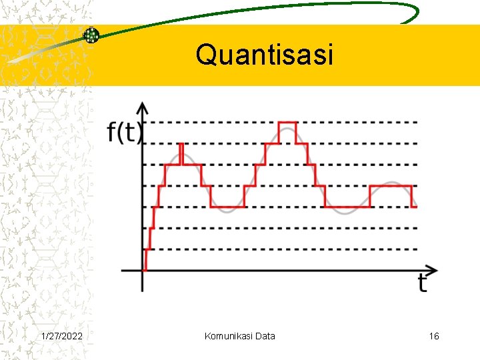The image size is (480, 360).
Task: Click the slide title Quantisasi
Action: [x=264, y=55]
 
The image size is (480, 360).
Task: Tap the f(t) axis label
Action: [x=125, y=133]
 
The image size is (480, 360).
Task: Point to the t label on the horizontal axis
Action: [x=423, y=284]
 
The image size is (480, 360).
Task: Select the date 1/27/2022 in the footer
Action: [x=62, y=336]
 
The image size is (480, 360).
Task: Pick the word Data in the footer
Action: [x=264, y=336]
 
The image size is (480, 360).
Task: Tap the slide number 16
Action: [x=434, y=336]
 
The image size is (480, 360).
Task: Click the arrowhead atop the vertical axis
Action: [x=142, y=107]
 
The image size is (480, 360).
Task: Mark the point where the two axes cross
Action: [x=142, y=271]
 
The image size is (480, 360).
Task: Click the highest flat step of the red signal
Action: [x=287, y=123]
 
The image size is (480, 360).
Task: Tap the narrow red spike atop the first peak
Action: [x=181, y=153]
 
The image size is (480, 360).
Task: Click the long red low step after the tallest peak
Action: [x=347, y=207]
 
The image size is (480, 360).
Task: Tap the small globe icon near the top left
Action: [x=91, y=35]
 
